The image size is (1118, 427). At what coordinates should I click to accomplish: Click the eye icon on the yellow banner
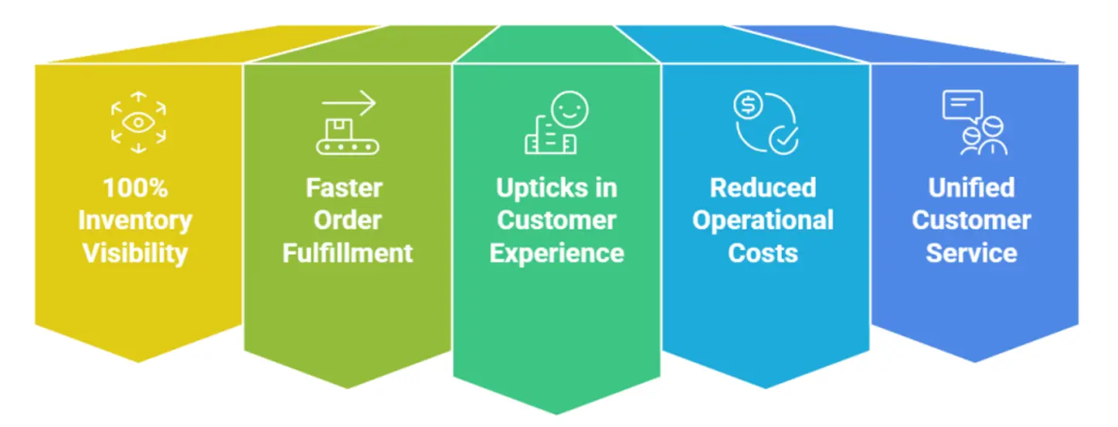coord(138,122)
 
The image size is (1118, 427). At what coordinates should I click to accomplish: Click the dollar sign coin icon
coord(748,106)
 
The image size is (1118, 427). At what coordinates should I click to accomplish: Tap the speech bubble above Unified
coord(962,106)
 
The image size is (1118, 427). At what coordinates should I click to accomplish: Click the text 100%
coord(135,188)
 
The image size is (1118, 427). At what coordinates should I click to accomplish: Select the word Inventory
coord(135,220)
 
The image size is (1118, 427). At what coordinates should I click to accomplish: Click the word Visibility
coord(135,253)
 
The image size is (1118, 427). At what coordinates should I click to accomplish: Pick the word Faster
coord(344,188)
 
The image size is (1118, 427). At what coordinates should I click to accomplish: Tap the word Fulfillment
coord(348,253)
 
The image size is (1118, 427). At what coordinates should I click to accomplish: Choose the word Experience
coord(556,253)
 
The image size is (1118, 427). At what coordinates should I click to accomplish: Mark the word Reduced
coord(763,188)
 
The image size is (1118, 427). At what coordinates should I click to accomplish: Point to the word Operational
coord(763,220)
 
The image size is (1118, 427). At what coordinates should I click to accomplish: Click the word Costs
coord(763,253)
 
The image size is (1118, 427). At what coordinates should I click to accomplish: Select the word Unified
coord(971,188)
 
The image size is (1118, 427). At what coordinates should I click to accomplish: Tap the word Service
coord(971,253)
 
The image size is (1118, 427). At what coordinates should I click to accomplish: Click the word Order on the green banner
coord(347,220)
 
